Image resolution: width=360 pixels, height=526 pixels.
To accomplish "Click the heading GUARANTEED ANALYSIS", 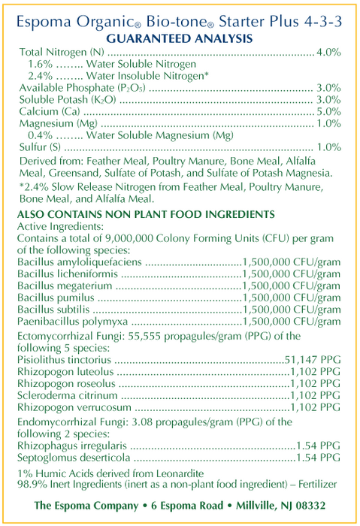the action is (x=180, y=38).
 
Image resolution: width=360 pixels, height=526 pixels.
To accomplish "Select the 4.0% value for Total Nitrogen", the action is (x=329, y=53).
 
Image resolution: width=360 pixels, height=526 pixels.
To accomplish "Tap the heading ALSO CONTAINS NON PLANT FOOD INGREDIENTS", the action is (x=146, y=214).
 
